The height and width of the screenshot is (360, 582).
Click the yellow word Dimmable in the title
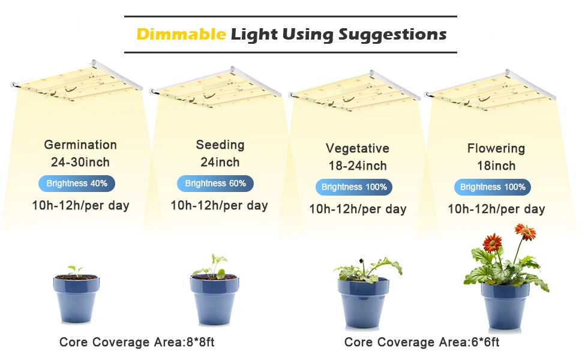point(181,34)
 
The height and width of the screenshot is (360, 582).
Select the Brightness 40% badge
point(77,184)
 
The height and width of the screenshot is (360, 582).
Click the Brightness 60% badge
point(215,184)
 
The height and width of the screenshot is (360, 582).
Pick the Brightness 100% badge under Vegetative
point(354,187)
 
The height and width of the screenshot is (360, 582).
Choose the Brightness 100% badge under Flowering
point(493,187)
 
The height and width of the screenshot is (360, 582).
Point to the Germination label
point(80,145)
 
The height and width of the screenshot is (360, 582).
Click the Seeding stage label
point(220,145)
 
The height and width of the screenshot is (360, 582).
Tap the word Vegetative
point(358,148)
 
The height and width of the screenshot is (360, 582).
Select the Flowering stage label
point(496,148)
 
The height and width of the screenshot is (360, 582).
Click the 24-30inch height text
point(80,162)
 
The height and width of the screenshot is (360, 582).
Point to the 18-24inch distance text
point(358,166)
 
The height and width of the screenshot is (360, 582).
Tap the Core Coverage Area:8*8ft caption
point(137,342)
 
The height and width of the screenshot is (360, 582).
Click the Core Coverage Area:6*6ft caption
point(422,342)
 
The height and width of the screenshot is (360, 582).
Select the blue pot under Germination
point(76,299)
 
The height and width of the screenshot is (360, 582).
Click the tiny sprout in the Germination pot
point(76,271)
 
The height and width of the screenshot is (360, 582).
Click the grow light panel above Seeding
point(215,88)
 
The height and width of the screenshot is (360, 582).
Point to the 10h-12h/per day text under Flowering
point(496,209)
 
